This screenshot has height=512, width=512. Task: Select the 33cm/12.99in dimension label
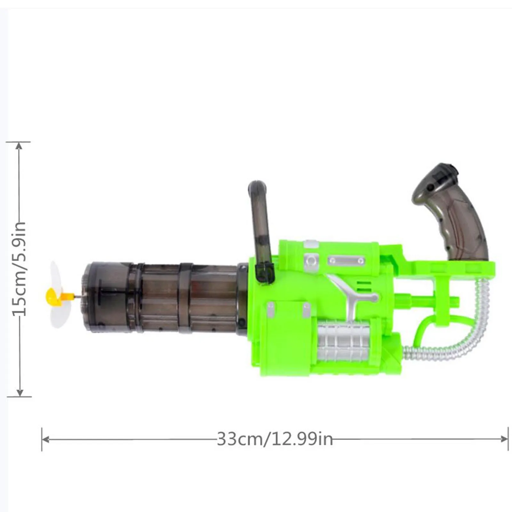point(275,439)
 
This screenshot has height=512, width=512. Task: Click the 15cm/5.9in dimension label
point(19,269)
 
